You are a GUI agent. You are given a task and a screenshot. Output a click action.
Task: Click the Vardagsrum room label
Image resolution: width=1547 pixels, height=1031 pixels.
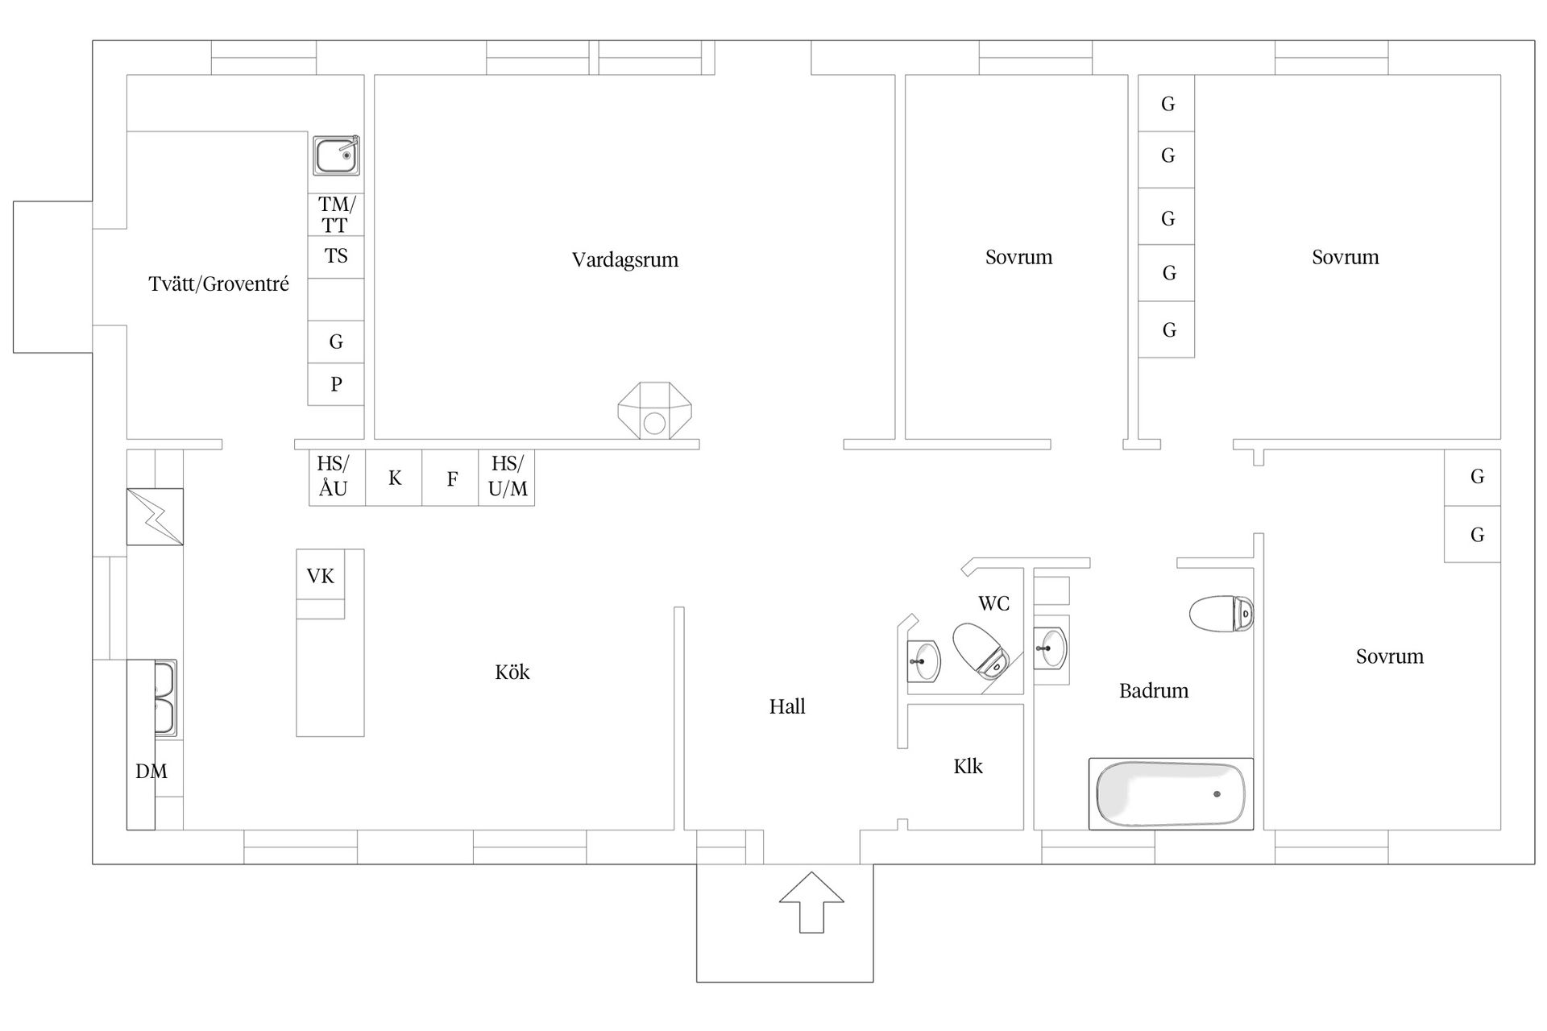coord(625,260)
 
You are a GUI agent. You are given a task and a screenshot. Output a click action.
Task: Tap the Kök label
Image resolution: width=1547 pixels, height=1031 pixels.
coord(512,672)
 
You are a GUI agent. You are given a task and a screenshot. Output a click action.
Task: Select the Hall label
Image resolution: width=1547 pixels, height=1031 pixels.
coord(787,706)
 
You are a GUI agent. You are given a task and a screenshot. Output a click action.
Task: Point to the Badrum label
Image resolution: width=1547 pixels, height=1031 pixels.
coord(1154,690)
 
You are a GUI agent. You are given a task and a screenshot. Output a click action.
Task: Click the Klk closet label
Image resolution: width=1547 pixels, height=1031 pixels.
coord(968,766)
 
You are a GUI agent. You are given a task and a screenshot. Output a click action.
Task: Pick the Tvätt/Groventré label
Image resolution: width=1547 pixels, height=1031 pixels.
coord(219,284)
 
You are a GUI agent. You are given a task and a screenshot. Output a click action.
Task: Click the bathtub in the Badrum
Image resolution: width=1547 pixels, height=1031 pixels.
coord(1171,793)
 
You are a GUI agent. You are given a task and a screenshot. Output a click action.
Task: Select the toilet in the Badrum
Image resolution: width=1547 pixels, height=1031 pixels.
coord(1221,614)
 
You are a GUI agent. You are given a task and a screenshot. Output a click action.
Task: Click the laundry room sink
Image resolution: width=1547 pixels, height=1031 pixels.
coord(337,155)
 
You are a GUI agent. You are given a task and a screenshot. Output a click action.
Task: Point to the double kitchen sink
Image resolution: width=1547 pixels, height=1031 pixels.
coord(165,698)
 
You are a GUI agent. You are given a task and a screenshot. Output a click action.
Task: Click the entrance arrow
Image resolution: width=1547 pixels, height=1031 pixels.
coord(811,902)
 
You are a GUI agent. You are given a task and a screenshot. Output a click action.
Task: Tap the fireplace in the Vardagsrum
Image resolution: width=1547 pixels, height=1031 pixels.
coord(654,411)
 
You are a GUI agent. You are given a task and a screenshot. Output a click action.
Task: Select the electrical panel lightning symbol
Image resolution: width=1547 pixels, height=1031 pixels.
coord(155,516)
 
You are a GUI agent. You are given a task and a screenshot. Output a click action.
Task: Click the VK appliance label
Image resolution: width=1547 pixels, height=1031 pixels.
coord(321,576)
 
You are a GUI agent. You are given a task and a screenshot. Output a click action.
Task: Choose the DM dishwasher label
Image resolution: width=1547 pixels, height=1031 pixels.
coord(151,772)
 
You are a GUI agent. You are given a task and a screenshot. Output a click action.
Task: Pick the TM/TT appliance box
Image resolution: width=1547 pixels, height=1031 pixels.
coord(336,214)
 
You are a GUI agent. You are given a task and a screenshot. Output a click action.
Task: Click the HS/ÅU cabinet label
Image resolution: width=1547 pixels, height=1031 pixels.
coord(333,476)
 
